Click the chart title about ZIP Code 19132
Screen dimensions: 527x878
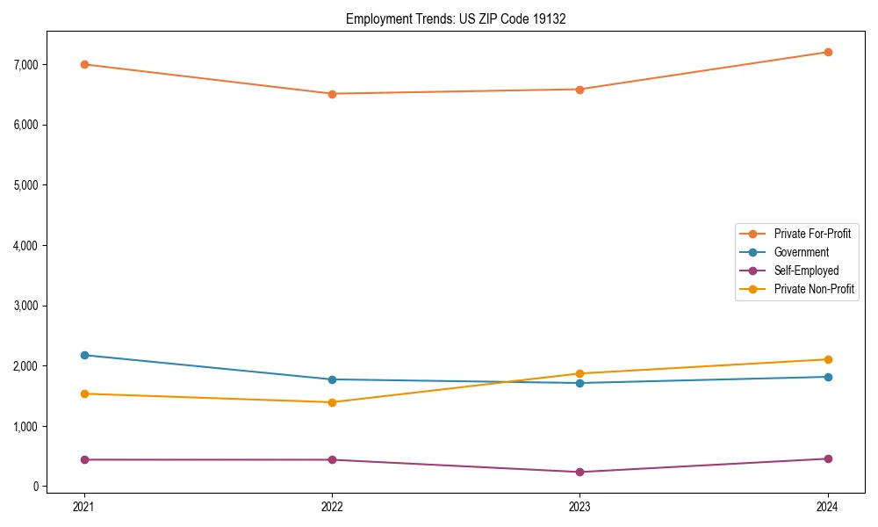pos(455,18)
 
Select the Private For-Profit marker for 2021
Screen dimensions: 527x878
pos(84,64)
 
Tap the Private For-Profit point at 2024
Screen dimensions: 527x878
pos(828,52)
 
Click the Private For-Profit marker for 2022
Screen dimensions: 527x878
pos(332,94)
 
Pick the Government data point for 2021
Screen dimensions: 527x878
pos(84,355)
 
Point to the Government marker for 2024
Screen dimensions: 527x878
pos(828,377)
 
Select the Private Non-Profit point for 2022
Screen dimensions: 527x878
pos(332,402)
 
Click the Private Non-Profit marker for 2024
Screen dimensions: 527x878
pos(828,359)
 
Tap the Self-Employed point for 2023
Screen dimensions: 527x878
pos(579,472)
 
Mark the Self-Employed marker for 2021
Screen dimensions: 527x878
pos(84,459)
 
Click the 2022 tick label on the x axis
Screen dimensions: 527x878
pos(332,507)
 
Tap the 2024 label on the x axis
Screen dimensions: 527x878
pos(828,507)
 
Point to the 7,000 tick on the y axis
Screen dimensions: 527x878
pos(26,65)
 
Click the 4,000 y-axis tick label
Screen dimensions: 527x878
pos(26,246)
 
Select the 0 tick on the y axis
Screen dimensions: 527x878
pos(36,487)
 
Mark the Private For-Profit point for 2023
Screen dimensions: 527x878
pos(579,90)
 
